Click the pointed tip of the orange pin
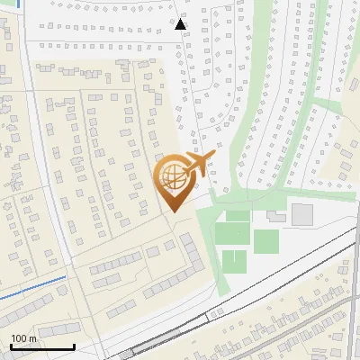pyautogui.click(x=172, y=211)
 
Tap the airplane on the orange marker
pyautogui.click(x=197, y=164)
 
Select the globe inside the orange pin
pyautogui.click(x=172, y=178)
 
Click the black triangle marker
pyautogui.click(x=181, y=24)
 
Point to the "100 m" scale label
pyautogui.click(x=23, y=338)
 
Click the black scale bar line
pyautogui.click(x=41, y=346)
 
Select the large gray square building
pyautogui.click(x=302, y=214)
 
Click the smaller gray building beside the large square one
pyautogui.click(x=274, y=218)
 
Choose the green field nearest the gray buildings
pyautogui.click(x=266, y=241)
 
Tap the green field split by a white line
pyautogui.click(x=234, y=261)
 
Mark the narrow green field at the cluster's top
pyautogui.click(x=238, y=216)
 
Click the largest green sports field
pyautogui.click(x=230, y=236)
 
